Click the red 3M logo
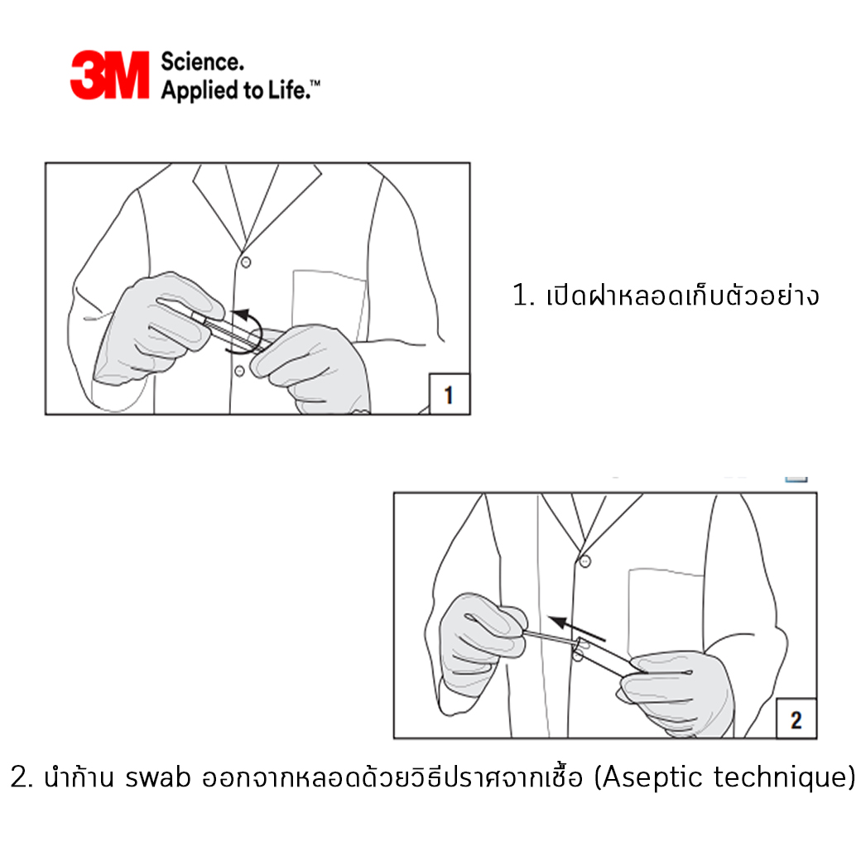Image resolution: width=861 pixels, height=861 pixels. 110,75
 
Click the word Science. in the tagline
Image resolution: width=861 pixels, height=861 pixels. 202,61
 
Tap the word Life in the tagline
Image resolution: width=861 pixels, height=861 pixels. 288,89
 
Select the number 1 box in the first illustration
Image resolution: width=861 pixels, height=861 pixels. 450,394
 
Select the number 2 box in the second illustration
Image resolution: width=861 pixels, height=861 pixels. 796,719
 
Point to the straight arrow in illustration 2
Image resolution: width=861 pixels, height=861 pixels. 576,628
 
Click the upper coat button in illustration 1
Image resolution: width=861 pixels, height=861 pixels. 246,262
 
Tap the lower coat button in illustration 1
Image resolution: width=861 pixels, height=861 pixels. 239,371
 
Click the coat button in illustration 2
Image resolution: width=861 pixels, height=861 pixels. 585,561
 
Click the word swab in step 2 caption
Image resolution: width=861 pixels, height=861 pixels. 158,777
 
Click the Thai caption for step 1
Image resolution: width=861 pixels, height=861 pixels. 666,295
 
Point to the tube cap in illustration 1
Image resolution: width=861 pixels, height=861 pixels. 198,317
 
